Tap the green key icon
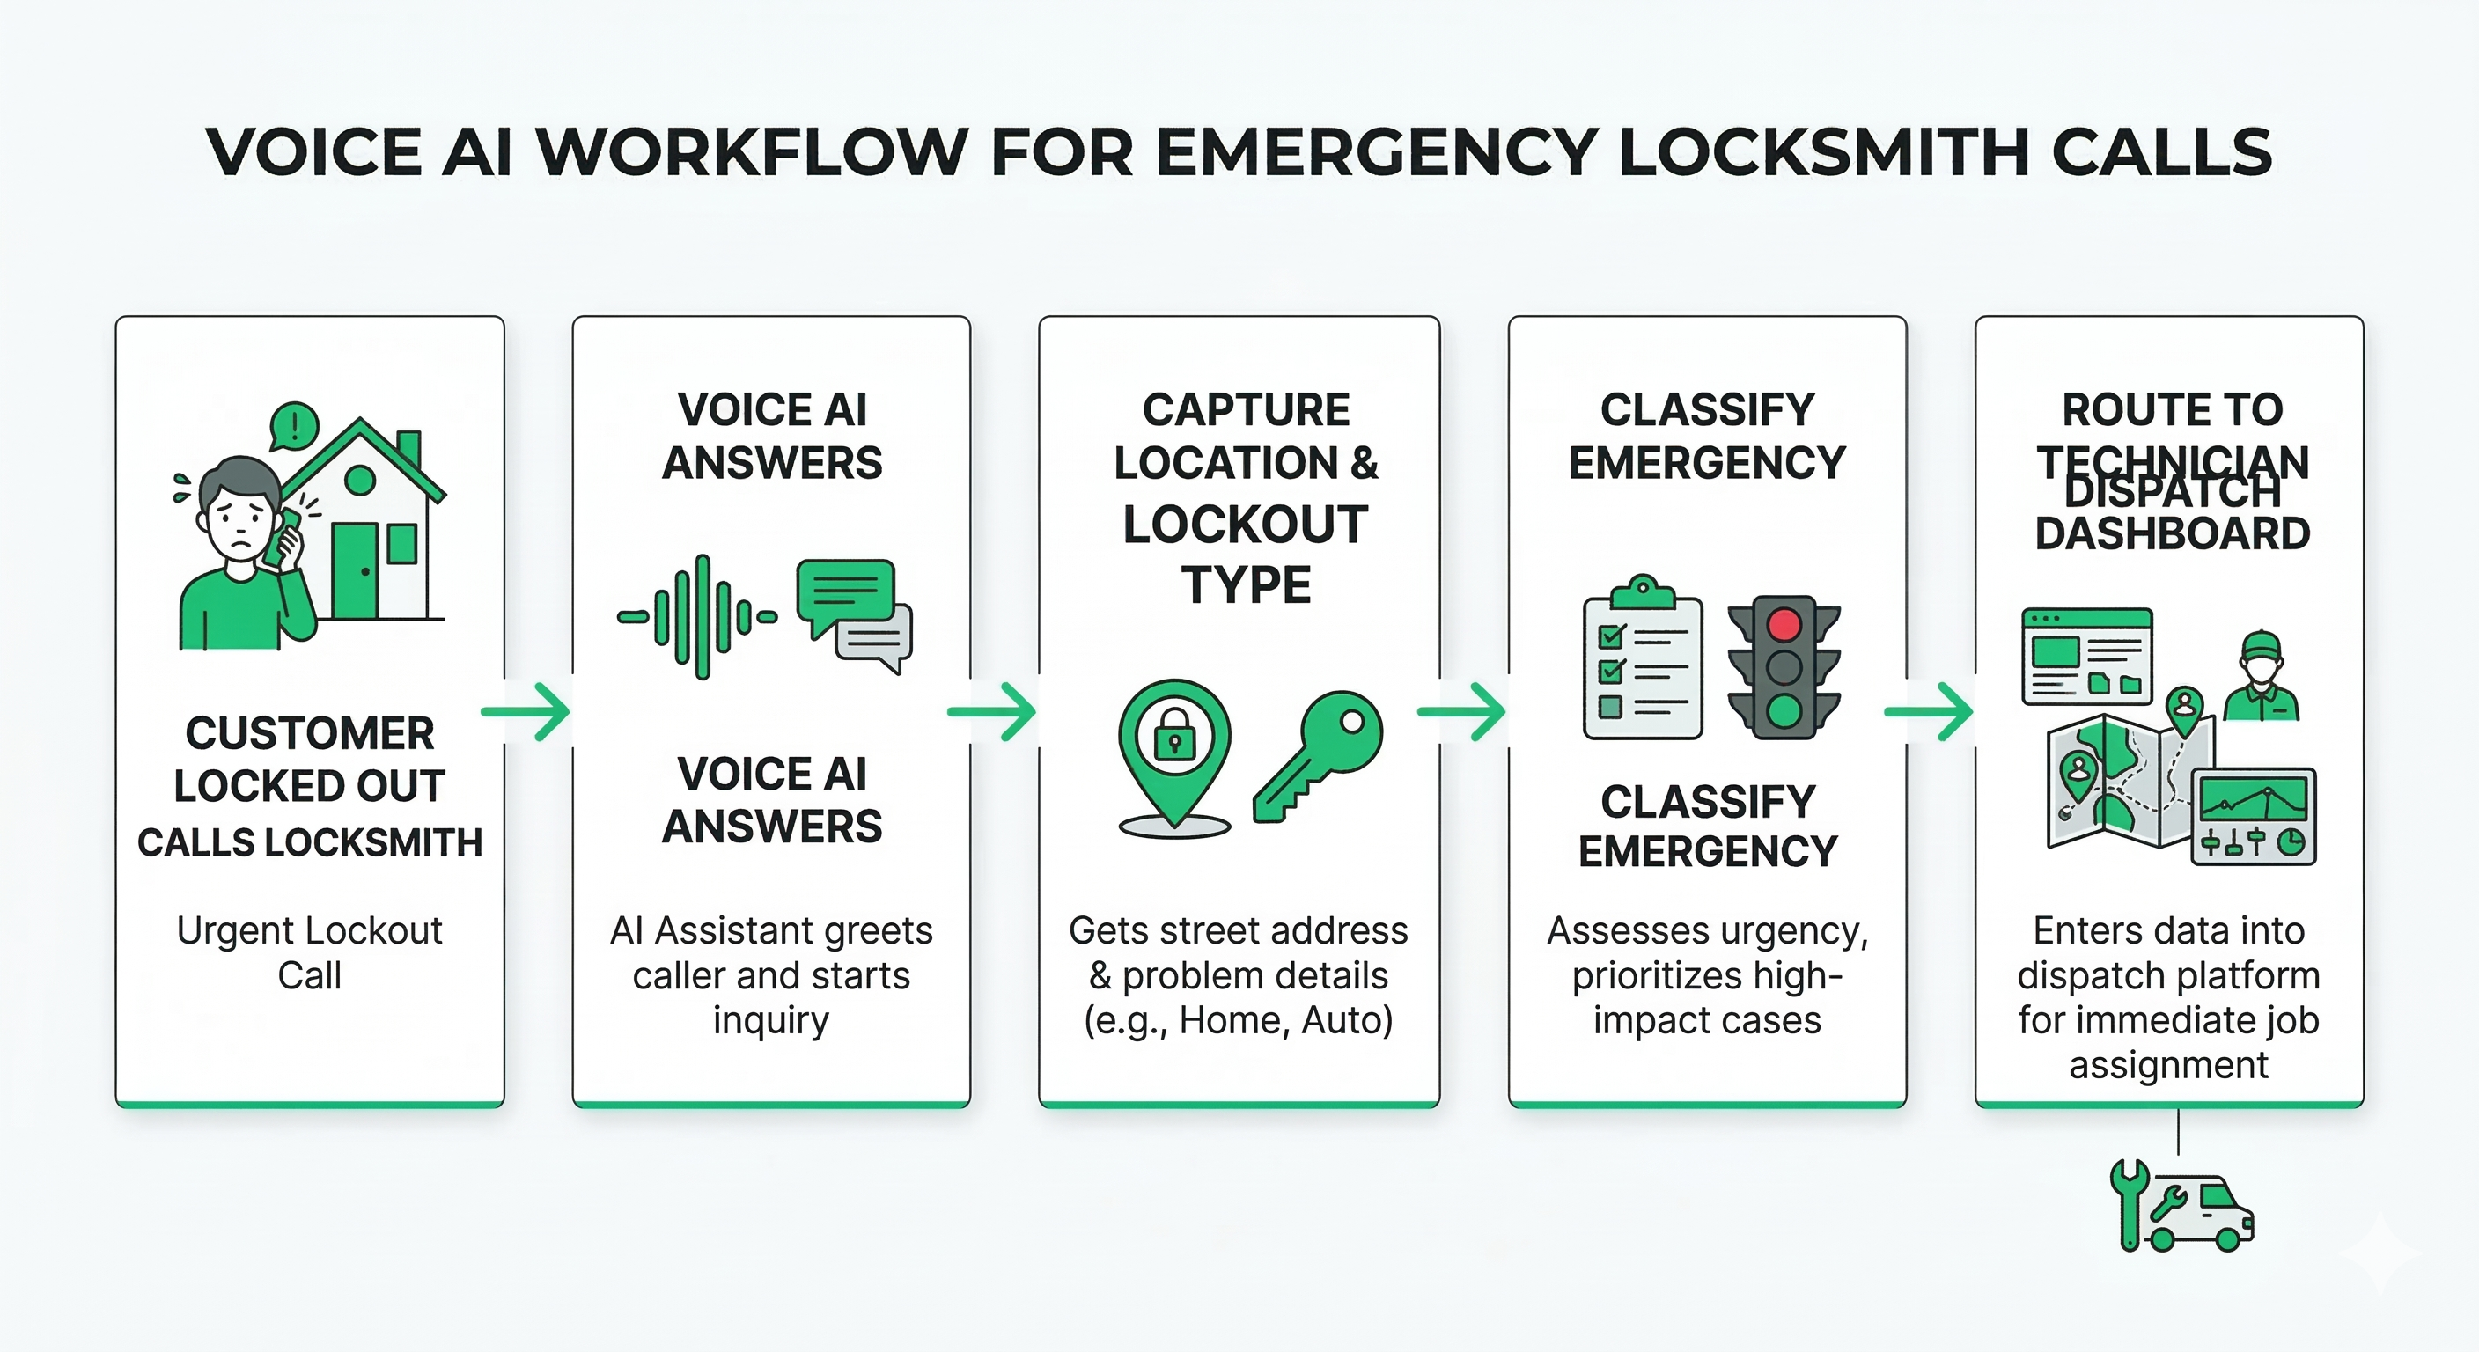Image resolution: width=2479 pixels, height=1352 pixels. coord(1319,755)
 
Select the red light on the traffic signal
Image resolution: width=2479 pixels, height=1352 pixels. coord(1784,623)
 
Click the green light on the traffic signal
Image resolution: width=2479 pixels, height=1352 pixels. coord(1784,711)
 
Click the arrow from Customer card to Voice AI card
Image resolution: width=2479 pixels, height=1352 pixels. coord(526,712)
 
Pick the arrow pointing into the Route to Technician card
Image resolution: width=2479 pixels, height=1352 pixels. coord(1929,712)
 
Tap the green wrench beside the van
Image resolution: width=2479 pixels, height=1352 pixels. coord(2129,1203)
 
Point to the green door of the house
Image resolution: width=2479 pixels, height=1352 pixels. coord(355,571)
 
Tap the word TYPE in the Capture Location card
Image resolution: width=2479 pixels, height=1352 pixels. coord(1247,585)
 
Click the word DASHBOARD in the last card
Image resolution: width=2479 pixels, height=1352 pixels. coord(2172,534)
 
